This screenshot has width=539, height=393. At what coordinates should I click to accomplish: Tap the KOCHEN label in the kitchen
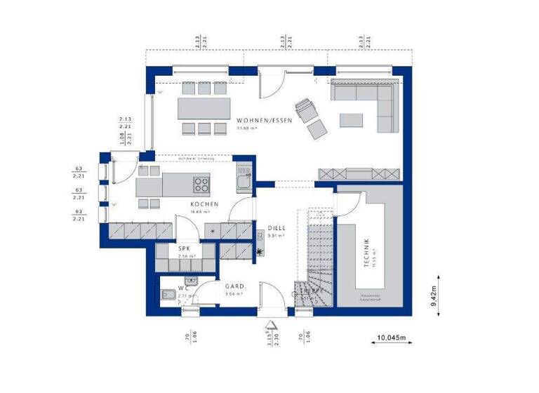tap(204, 205)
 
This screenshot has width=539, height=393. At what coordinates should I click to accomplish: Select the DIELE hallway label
tap(277, 228)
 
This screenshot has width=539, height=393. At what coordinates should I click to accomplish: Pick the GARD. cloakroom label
tap(233, 286)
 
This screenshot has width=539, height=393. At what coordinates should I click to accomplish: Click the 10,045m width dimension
tap(392, 338)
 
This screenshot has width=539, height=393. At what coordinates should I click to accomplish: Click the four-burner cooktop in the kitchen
tap(201, 186)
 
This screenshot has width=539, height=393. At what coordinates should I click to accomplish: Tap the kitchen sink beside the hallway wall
tap(243, 181)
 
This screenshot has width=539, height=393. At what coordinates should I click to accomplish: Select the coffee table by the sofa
tap(352, 120)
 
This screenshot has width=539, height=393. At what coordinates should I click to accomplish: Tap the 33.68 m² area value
tap(248, 128)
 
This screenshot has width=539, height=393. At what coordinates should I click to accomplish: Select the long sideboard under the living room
tap(359, 174)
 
